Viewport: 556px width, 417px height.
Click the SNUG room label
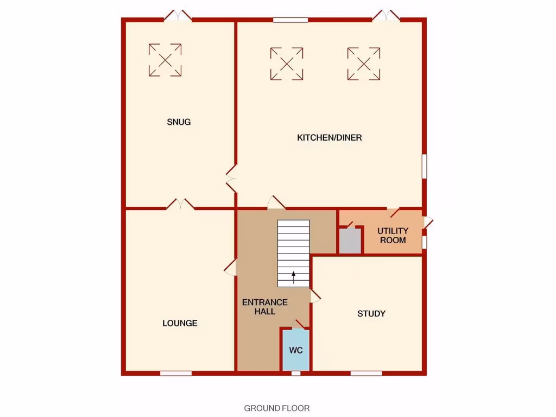coord(179,122)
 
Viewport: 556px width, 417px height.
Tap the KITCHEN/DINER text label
coord(329,138)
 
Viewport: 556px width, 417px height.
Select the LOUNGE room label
coord(180,323)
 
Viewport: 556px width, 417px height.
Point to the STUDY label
coord(371,313)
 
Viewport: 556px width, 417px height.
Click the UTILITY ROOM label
coord(393,235)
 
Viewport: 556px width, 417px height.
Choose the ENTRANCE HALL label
coord(265,307)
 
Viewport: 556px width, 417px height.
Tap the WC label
coord(295,350)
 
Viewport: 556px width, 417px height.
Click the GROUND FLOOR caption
coord(277,408)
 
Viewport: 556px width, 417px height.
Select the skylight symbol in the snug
coord(165,60)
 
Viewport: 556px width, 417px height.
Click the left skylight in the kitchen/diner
coord(287,64)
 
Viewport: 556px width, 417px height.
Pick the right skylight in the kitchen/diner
coord(364,64)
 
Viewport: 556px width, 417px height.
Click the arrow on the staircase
coord(294,277)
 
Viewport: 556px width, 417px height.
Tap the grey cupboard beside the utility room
coord(350,241)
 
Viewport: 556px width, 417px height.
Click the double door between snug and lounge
coord(180,204)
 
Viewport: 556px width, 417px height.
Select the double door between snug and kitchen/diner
coord(231,179)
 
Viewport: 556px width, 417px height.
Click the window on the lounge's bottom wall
coord(176,373)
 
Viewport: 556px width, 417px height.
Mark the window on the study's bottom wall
coord(366,373)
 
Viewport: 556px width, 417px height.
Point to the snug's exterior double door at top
coord(178,16)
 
